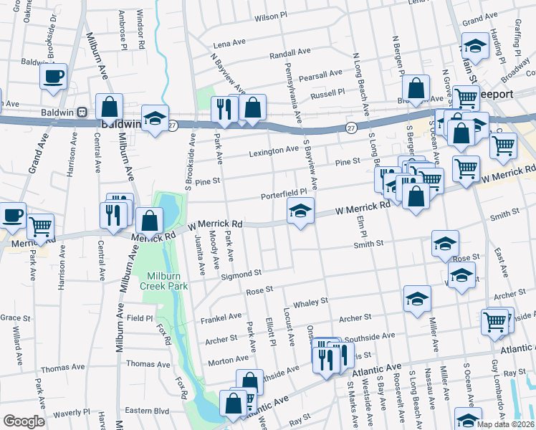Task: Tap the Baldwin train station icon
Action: pos(82,112)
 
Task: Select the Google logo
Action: pos(24,421)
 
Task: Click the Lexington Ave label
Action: pos(273,150)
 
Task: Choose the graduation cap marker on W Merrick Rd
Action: pos(301,210)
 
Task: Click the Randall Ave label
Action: pos(289,53)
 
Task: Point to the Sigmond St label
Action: pos(241,274)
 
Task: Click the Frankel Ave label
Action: pos(221,316)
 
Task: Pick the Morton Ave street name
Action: pos(228,363)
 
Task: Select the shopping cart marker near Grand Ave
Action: pos(41,226)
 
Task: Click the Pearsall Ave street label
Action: pos(321,75)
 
